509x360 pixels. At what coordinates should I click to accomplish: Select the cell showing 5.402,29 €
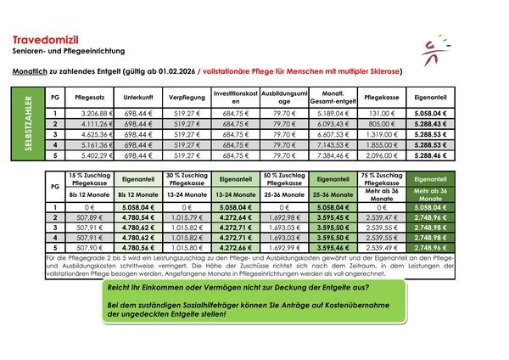point(89,156)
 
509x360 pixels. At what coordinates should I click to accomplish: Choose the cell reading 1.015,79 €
point(183,217)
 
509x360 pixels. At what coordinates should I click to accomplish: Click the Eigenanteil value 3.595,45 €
point(331,217)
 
